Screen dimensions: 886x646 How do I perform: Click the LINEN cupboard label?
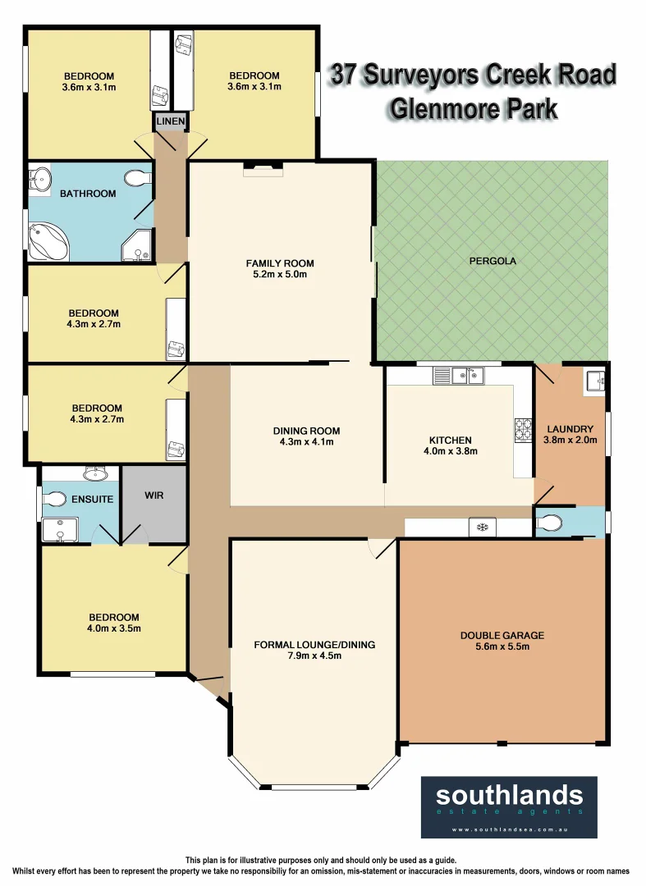(171, 122)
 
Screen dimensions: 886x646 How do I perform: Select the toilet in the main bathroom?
(137, 177)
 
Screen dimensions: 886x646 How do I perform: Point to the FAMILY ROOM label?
(280, 263)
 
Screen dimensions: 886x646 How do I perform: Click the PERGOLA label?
(492, 262)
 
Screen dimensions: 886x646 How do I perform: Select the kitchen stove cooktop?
(523, 428)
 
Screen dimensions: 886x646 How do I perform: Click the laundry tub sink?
(595, 381)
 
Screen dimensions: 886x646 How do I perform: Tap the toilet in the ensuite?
(55, 499)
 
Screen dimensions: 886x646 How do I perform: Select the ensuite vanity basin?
(96, 473)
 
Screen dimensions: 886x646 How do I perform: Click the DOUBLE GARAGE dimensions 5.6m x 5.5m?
(502, 646)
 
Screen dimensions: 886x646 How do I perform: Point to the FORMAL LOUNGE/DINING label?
(314, 645)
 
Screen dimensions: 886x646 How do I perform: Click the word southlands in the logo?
(509, 794)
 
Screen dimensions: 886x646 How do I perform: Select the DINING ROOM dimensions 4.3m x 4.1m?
(306, 442)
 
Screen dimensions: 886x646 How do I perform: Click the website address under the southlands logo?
(509, 829)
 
